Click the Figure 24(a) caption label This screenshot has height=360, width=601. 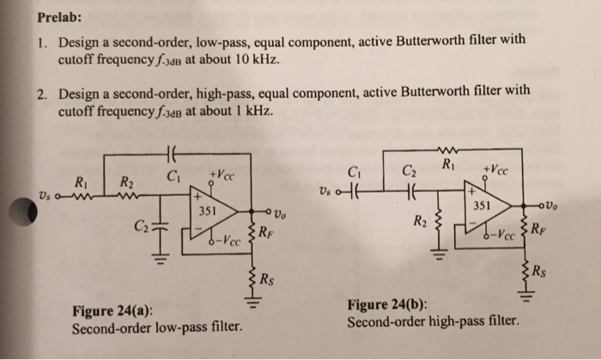[110, 313]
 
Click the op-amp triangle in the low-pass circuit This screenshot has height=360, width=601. [214, 211]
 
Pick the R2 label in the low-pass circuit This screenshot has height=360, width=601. [125, 182]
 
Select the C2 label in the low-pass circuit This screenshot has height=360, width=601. [139, 227]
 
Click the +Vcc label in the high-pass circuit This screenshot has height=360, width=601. [499, 170]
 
